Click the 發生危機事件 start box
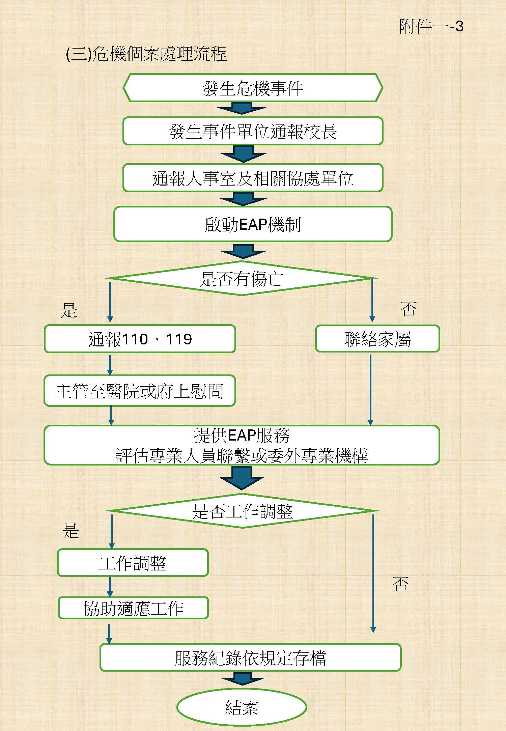[x=253, y=88]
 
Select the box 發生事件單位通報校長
[x=253, y=131]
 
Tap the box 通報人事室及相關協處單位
[x=253, y=178]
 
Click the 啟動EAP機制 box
[x=253, y=224]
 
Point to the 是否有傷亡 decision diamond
[x=242, y=278]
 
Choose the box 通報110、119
[x=140, y=339]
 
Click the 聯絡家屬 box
[x=377, y=339]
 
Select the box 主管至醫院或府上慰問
[x=140, y=391]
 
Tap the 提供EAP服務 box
[x=242, y=445]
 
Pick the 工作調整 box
[x=133, y=563]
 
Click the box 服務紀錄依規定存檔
[x=250, y=657]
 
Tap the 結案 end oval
[x=242, y=707]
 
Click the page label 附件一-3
[x=431, y=26]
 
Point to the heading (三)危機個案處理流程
[x=146, y=54]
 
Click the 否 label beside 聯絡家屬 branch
[x=409, y=309]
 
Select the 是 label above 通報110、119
[x=69, y=310]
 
